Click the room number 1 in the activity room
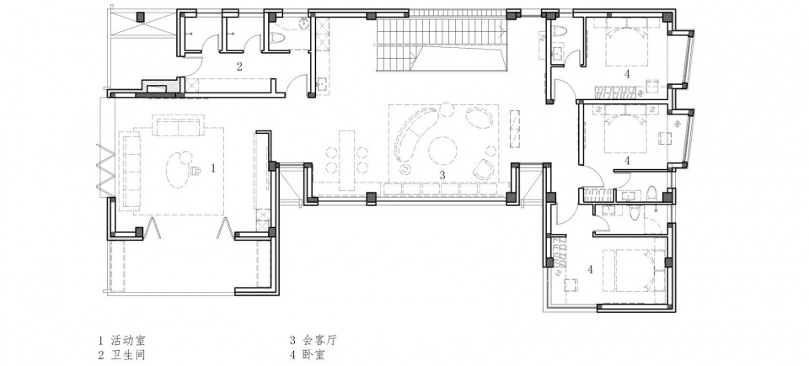point(212,167)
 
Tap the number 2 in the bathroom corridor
point(239,66)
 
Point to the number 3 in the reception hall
point(442,175)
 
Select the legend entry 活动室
point(128,340)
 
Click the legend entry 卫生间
point(128,355)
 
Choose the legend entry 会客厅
point(320,340)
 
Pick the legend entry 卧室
point(313,355)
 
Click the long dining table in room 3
point(347,161)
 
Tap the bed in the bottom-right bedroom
point(635,271)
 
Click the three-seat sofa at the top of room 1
point(177,126)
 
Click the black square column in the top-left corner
point(140,17)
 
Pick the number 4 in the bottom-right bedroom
point(590,269)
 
